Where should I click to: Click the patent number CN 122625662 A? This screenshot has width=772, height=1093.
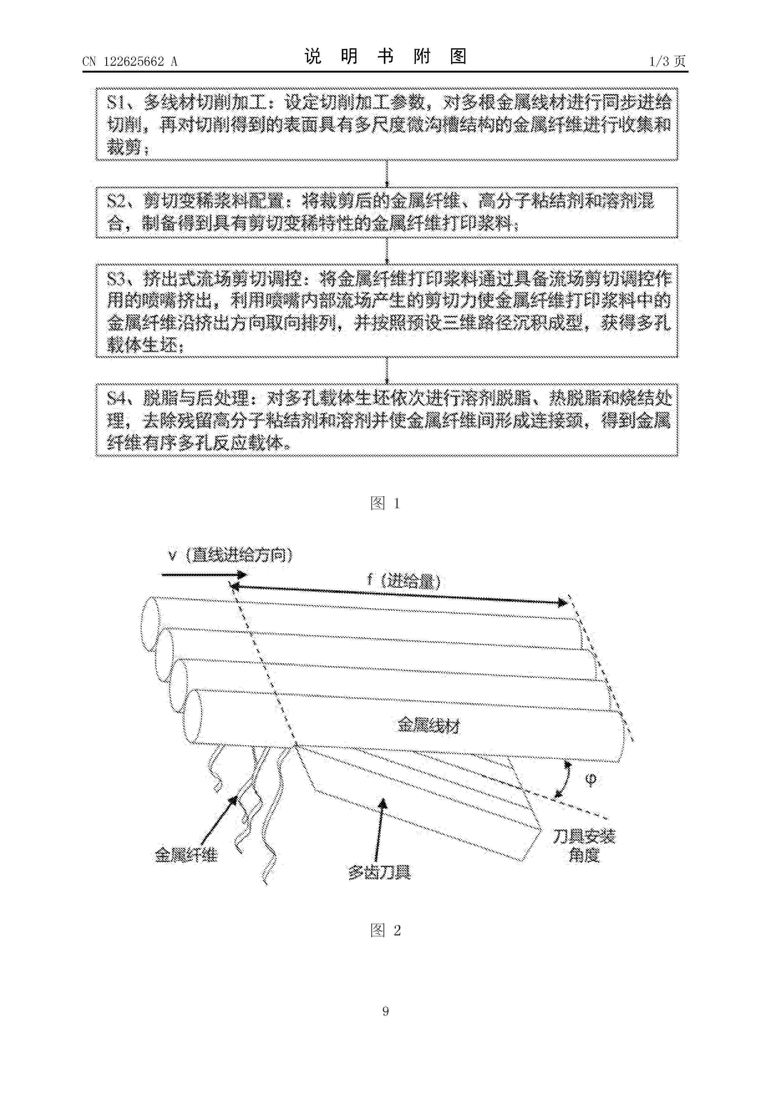(x=130, y=61)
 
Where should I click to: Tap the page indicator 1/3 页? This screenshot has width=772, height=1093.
(x=667, y=61)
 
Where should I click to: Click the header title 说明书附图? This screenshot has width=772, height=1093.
(x=385, y=57)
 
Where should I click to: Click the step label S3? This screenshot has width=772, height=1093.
(x=117, y=278)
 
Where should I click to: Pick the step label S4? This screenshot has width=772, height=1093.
(x=117, y=397)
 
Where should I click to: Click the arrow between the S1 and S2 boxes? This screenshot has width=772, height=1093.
(x=387, y=174)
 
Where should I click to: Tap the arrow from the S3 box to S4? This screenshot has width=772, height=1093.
(x=387, y=370)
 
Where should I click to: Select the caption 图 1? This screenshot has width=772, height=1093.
(x=385, y=503)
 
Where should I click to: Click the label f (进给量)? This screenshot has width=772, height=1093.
(x=404, y=580)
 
